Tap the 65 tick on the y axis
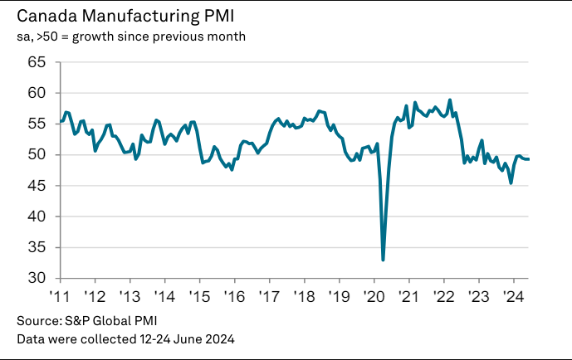pyautogui.click(x=37, y=62)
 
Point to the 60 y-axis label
pyautogui.click(x=37, y=93)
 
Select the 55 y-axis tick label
pyautogui.click(x=37, y=124)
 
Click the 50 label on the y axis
pyautogui.click(x=37, y=154)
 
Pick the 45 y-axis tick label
pyautogui.click(x=37, y=186)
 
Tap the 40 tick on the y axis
pyautogui.click(x=37, y=216)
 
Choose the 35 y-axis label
pyautogui.click(x=37, y=247)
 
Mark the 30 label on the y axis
pyautogui.click(x=37, y=278)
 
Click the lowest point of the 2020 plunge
pyautogui.click(x=383, y=260)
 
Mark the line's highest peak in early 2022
pyautogui.click(x=450, y=100)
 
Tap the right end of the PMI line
pyautogui.click(x=530, y=159)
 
